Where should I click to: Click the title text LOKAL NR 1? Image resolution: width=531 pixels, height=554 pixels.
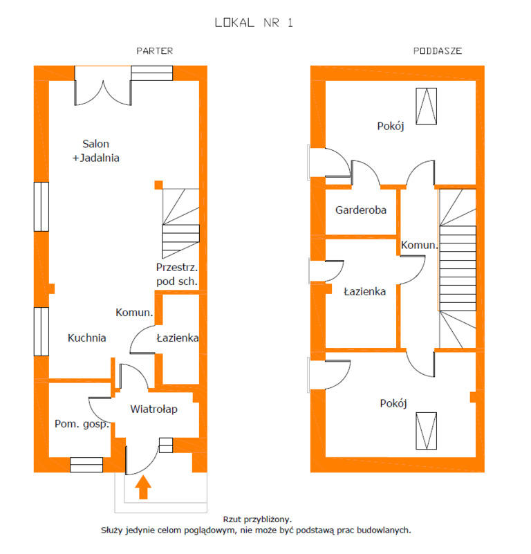pyautogui.click(x=254, y=23)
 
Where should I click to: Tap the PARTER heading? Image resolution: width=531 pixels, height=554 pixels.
pyautogui.click(x=155, y=51)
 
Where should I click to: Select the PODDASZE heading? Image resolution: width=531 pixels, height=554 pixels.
pyautogui.click(x=438, y=51)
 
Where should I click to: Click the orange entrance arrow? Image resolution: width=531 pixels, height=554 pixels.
pyautogui.click(x=143, y=487)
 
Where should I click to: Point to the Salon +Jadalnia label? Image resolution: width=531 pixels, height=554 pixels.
pyautogui.click(x=95, y=151)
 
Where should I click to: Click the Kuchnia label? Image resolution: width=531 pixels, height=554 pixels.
pyautogui.click(x=87, y=338)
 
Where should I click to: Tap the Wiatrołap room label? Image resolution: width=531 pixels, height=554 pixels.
pyautogui.click(x=153, y=409)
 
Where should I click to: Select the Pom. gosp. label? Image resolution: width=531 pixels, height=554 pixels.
pyautogui.click(x=82, y=424)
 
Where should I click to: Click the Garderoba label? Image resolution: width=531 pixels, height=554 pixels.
pyautogui.click(x=361, y=210)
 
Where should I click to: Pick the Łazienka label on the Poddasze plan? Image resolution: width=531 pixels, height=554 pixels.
pyautogui.click(x=364, y=291)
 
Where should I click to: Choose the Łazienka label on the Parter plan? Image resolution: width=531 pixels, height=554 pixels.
pyautogui.click(x=178, y=338)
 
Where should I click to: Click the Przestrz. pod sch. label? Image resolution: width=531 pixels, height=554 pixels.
pyautogui.click(x=177, y=274)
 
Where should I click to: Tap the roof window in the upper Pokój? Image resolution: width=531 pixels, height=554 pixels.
pyautogui.click(x=426, y=106)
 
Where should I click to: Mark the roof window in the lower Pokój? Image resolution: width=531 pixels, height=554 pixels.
pyautogui.click(x=426, y=431)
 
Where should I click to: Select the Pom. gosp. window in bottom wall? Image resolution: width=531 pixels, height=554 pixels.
pyautogui.click(x=86, y=465)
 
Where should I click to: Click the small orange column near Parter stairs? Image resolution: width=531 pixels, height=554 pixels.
pyautogui.click(x=158, y=185)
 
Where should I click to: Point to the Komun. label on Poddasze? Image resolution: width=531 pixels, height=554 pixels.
pyautogui.click(x=420, y=245)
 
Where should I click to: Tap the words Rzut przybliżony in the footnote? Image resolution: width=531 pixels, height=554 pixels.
pyautogui.click(x=257, y=519)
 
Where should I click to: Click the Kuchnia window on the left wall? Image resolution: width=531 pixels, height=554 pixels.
pyautogui.click(x=41, y=331)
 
